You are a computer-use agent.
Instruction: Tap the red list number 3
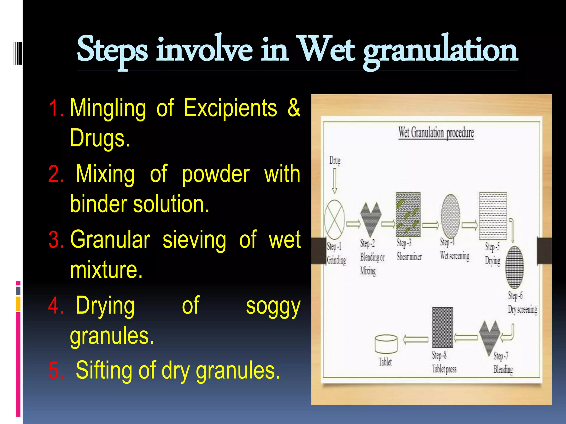(x=56, y=240)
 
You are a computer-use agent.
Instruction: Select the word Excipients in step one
(x=230, y=108)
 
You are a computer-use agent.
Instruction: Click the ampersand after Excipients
(x=294, y=108)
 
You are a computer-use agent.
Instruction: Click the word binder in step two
(x=99, y=204)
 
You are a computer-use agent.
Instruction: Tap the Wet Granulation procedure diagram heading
(x=436, y=133)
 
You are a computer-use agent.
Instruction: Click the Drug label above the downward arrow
(x=335, y=160)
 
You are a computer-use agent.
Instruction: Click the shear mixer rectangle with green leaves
(x=408, y=214)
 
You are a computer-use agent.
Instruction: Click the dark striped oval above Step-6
(x=515, y=267)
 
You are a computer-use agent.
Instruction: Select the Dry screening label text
(x=522, y=310)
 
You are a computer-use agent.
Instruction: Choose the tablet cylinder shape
(x=386, y=344)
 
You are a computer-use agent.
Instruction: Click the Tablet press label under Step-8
(x=444, y=369)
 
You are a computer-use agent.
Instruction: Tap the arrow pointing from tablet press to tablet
(x=416, y=339)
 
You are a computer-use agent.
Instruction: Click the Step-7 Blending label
(x=503, y=363)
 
